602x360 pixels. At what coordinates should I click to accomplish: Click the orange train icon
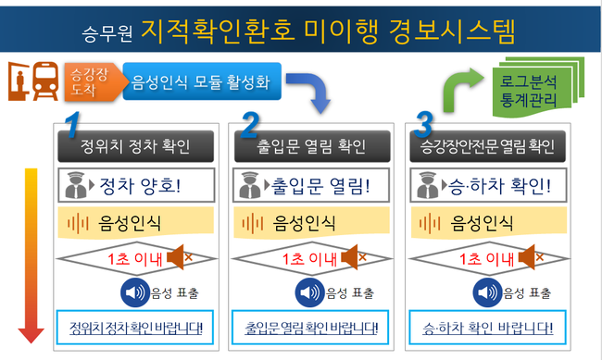coord(45,81)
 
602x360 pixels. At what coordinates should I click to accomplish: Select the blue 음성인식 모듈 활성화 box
coord(202,81)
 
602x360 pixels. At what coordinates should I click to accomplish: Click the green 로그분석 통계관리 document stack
coord(537,87)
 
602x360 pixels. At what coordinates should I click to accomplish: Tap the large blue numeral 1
coord(72,124)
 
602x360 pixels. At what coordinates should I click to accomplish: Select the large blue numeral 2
coord(249,124)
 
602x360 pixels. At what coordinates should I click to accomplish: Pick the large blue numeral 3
coord(424,124)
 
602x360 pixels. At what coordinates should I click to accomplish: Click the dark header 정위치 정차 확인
coord(135,146)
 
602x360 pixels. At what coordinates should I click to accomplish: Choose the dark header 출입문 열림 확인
coord(312,146)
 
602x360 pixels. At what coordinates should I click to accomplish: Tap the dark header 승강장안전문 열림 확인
coord(487,146)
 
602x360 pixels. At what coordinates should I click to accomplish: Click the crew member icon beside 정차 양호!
coord(76,185)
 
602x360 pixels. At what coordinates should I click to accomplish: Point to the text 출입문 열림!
coord(321,186)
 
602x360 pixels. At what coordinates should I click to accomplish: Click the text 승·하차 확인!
coord(500,186)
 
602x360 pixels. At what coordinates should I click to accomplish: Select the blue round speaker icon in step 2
coord(309,292)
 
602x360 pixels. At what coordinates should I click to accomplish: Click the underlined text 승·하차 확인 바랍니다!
coord(487,329)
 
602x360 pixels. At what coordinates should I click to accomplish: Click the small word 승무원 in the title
coord(107,33)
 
